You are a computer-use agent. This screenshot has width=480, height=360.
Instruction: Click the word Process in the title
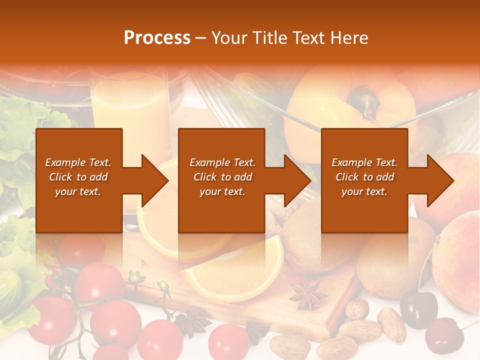click(157, 38)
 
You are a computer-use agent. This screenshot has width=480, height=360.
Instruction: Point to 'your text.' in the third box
click(364, 191)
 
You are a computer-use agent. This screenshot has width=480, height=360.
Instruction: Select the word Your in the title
click(228, 38)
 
